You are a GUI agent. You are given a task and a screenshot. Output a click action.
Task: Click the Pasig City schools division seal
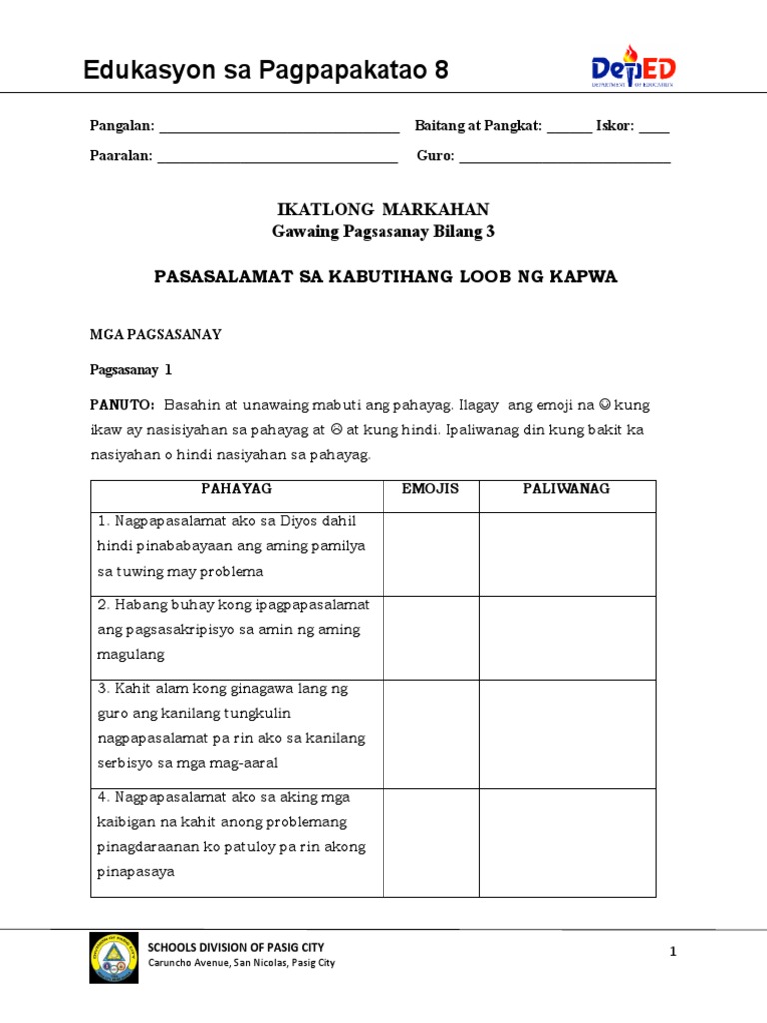[x=114, y=957]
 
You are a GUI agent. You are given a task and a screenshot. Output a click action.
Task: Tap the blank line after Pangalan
[x=279, y=128]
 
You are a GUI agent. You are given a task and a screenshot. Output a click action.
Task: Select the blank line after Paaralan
[x=278, y=158]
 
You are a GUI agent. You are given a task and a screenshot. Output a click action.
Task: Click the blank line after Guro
[x=564, y=158]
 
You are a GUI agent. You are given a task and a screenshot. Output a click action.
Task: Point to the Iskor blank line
[x=654, y=128]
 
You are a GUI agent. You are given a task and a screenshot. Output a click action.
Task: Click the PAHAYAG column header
[x=237, y=489]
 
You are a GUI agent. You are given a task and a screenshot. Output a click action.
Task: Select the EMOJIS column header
[x=430, y=489]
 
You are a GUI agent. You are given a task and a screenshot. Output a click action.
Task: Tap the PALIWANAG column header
[x=567, y=489]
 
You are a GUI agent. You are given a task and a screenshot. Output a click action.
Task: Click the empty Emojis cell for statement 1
[x=431, y=554]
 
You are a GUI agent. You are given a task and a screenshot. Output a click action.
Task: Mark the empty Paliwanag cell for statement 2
[x=567, y=638]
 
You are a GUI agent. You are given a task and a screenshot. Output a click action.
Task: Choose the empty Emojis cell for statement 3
[x=431, y=734]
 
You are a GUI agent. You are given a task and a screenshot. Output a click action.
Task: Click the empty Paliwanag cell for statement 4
[x=567, y=843]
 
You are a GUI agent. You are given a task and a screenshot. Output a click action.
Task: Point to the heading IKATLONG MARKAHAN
[x=383, y=209]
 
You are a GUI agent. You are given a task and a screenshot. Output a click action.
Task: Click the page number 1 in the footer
[x=673, y=952]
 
